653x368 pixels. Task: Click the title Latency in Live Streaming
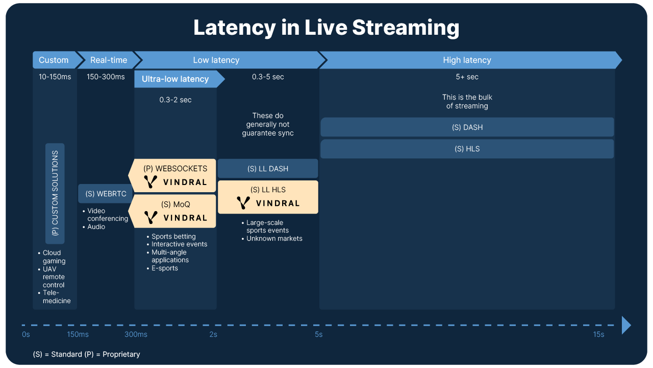326,28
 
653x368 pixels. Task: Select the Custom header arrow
54,60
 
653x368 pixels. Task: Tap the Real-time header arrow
109,60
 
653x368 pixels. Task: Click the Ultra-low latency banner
175,79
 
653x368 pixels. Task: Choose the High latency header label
467,60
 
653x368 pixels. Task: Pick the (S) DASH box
467,127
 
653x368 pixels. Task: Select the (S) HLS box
467,149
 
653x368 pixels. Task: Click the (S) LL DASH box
268,169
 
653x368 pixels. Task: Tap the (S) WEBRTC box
106,194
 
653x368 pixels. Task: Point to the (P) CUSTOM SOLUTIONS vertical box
55,193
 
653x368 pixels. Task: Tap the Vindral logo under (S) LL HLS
268,203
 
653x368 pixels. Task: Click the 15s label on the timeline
598,334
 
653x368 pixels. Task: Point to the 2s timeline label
213,334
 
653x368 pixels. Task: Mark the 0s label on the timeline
26,334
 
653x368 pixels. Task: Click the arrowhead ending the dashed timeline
626,325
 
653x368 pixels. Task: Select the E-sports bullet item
164,268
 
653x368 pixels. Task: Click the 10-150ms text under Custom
55,77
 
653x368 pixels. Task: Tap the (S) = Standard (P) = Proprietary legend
86,354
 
